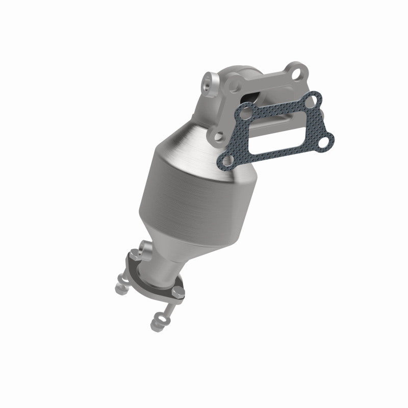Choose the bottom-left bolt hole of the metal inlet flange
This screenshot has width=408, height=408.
[218, 136]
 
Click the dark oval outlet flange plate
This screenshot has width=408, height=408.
[153, 283]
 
